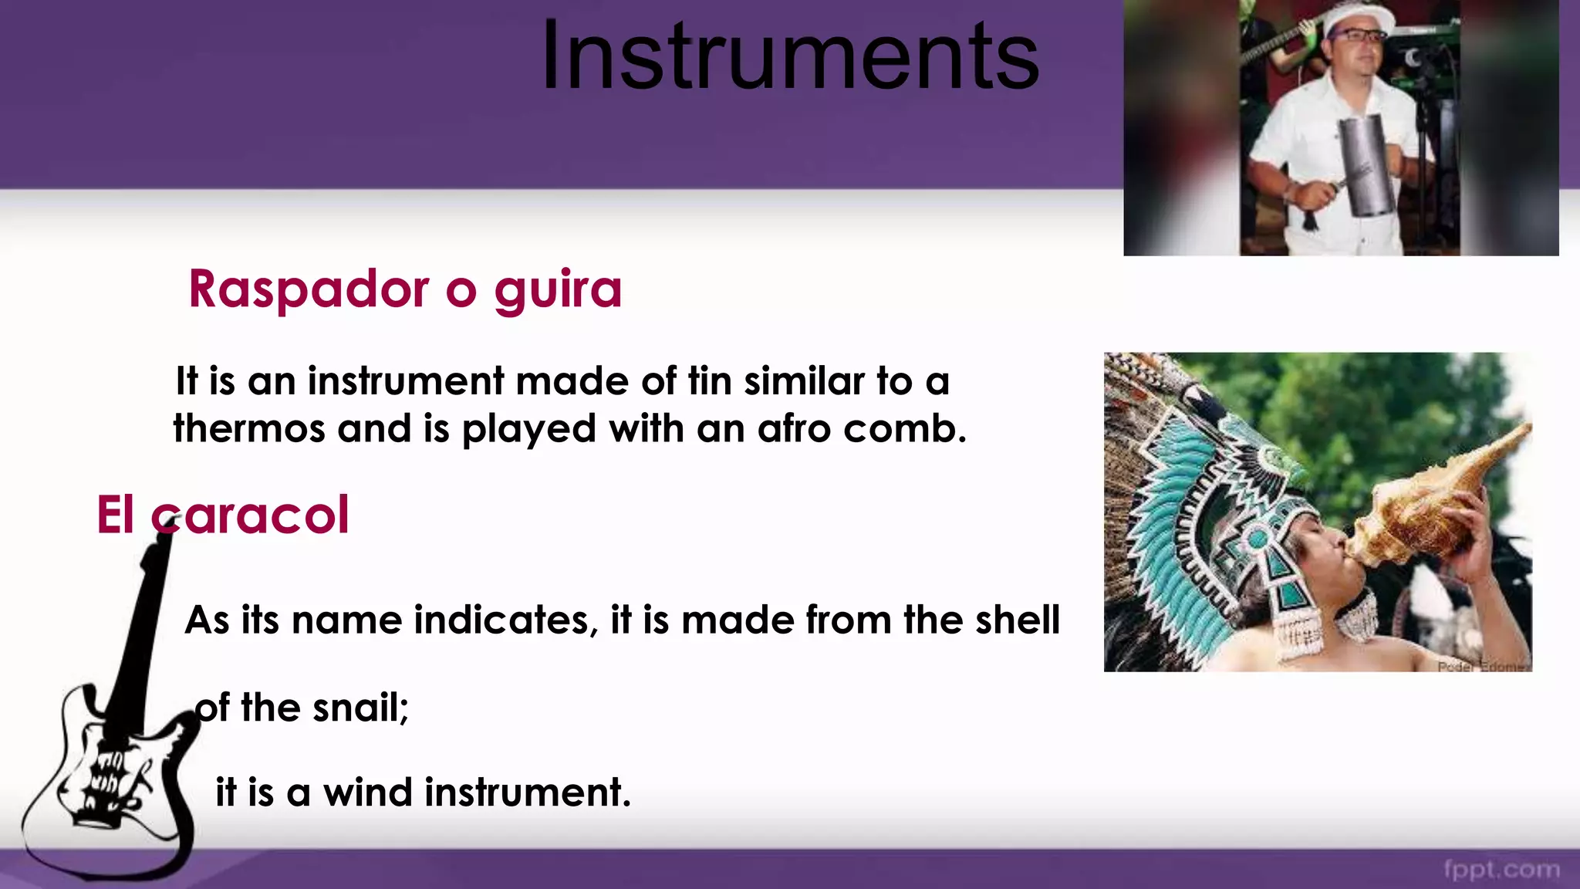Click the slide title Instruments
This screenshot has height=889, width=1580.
(x=790, y=56)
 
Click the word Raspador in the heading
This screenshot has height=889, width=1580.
(x=309, y=290)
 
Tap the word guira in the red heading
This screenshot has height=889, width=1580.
(x=557, y=290)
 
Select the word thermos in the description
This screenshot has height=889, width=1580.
(x=248, y=428)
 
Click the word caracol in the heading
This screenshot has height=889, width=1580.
(x=251, y=515)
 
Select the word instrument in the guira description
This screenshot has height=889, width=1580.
(x=406, y=381)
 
